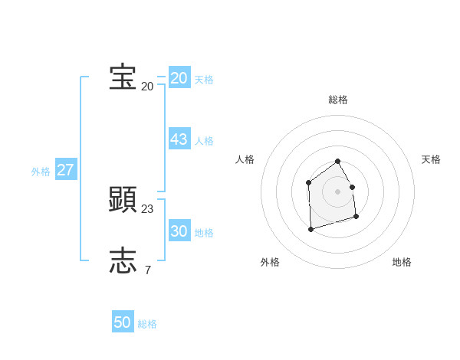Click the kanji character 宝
[x=123, y=77]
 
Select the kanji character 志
[x=123, y=261]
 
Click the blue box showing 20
[x=179, y=78]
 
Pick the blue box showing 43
[x=179, y=139]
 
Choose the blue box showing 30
[x=179, y=231]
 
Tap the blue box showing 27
[x=66, y=170]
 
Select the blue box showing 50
[x=123, y=322]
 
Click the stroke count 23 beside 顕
[x=147, y=208]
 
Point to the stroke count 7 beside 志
[x=147, y=270]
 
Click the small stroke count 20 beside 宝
[x=147, y=86]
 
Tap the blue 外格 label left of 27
[x=41, y=172]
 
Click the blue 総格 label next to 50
[x=147, y=324]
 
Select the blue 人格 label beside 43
[x=204, y=141]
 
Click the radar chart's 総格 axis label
[x=338, y=100]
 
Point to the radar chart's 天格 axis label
[x=431, y=159]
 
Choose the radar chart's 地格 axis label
[x=402, y=262]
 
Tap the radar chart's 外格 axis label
[x=270, y=262]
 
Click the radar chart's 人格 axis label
[x=245, y=159]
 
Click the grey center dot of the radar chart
[x=337, y=191]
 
